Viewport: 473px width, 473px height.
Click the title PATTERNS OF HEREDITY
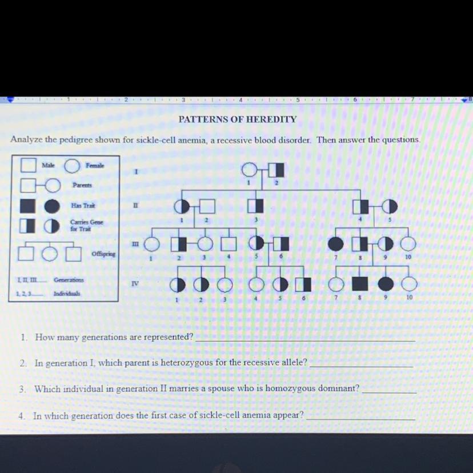[238, 119]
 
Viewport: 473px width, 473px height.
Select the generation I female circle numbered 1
[250, 170]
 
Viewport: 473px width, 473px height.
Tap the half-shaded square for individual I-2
[276, 170]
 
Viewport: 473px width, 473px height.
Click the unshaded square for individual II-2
[207, 206]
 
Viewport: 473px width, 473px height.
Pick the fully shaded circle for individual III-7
[335, 244]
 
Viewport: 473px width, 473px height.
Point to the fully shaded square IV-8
[360, 283]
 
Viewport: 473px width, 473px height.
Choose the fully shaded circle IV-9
[386, 283]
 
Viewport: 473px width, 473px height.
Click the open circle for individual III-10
[408, 244]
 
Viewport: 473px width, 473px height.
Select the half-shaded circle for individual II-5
[390, 206]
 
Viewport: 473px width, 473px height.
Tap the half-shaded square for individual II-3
[255, 206]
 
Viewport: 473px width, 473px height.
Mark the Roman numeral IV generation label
[135, 283]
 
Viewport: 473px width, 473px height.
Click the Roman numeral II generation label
[136, 206]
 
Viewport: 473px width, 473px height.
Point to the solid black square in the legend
[28, 206]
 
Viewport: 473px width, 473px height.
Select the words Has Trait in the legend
[83, 206]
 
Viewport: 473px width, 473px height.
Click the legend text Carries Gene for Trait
[87, 225]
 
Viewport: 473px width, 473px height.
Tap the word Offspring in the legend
[103, 254]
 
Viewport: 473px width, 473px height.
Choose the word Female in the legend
[95, 165]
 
